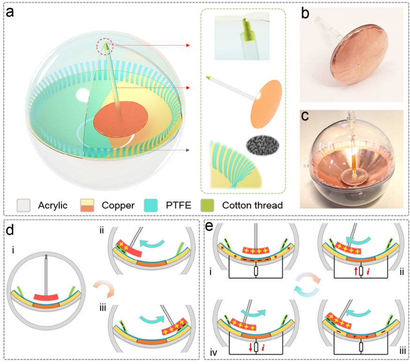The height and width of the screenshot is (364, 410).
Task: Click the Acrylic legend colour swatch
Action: (24, 205)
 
